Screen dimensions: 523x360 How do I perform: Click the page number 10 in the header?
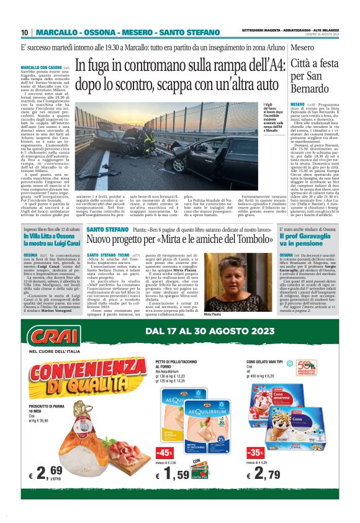point(25,32)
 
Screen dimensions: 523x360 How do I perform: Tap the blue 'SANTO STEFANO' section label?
point(107,229)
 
